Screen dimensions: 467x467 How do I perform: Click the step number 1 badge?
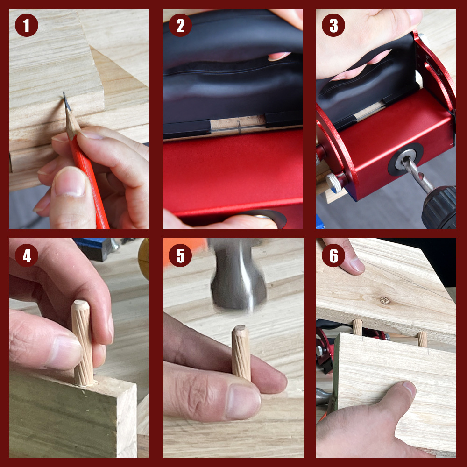[26, 26]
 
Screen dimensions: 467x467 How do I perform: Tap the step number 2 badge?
[180, 26]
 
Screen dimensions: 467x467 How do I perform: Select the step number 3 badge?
[333, 26]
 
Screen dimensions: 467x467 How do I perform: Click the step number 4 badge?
[26, 256]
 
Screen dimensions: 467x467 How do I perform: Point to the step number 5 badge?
[180, 256]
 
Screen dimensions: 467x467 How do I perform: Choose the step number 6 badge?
[333, 256]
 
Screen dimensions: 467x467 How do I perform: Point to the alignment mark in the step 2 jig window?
[239, 125]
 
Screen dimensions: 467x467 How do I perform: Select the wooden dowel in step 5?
[241, 352]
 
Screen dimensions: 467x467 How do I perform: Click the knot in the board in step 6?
[384, 300]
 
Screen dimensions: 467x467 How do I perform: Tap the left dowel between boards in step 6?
[357, 326]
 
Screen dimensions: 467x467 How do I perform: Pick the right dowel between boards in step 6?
[422, 339]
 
